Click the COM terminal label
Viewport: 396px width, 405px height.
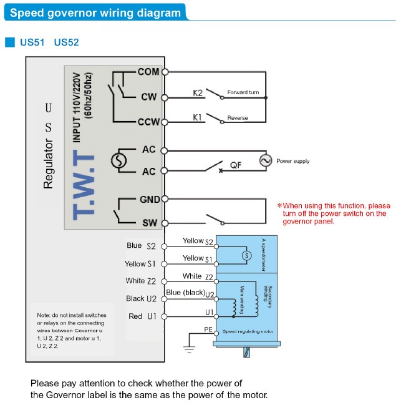148,72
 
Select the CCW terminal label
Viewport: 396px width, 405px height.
148,122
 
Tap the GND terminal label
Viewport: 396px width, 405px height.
150,200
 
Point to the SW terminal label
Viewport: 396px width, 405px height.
150,223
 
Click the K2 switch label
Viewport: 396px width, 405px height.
198,93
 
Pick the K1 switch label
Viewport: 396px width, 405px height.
197,117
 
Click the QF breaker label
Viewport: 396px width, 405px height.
236,165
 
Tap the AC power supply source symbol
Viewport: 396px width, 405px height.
266,160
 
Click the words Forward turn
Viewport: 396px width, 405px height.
243,92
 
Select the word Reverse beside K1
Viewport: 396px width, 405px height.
238,118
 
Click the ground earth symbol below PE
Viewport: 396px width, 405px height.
189,349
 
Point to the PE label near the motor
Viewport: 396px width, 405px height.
208,329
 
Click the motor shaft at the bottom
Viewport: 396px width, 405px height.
246,352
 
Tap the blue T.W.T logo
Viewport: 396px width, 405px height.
84,185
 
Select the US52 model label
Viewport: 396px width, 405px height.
66,42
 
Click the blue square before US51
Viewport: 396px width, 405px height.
10,42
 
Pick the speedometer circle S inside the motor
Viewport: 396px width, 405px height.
246,255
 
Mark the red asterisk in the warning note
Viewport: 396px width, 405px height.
279,205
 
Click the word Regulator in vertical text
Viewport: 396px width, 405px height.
48,163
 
